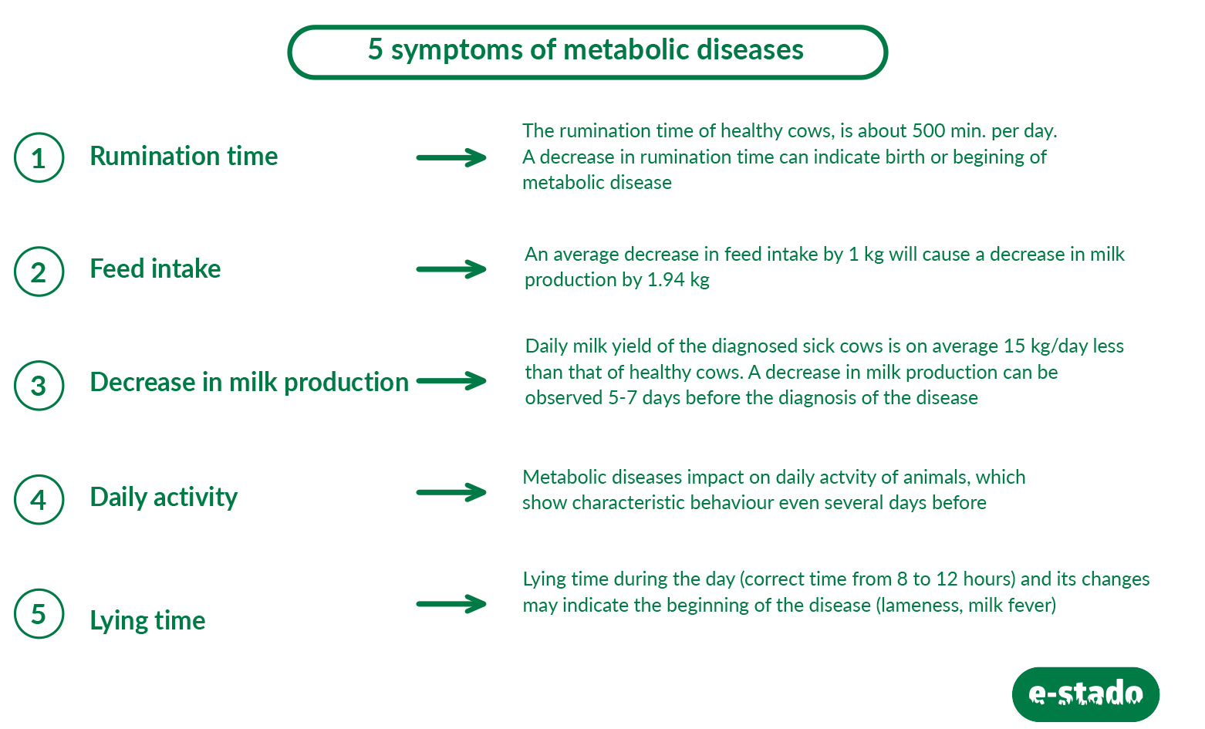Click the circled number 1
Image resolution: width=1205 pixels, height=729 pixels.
39,157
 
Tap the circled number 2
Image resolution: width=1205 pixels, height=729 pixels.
39,271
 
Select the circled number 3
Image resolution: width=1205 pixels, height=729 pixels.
39,385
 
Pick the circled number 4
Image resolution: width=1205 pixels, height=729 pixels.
39,499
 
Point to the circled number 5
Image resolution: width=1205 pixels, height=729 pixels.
39,613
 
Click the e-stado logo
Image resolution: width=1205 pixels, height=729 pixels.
1085,694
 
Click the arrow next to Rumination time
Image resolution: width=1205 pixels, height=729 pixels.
451,157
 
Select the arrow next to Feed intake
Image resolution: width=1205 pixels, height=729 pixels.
451,269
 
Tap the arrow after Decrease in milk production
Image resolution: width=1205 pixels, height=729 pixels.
451,381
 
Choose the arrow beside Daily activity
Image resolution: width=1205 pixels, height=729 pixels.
451,492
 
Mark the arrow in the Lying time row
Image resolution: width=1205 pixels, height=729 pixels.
451,604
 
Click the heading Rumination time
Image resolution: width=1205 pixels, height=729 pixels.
184,156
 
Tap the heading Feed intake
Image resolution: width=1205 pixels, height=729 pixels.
155,268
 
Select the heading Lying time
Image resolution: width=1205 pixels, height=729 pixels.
147,620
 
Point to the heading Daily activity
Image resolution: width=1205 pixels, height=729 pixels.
164,497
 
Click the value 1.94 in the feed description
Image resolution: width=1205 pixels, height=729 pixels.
666,280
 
